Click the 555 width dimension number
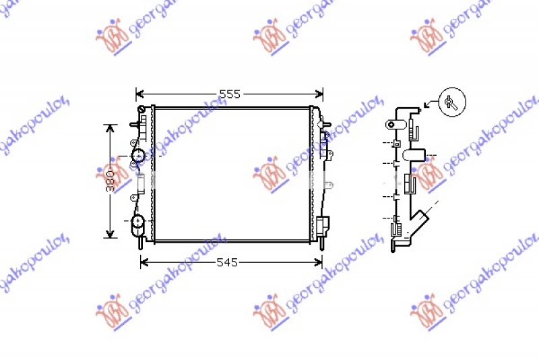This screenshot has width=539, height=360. click(x=230, y=94)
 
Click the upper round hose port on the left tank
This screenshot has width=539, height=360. click(x=139, y=157)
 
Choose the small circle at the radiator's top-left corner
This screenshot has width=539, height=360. click(x=141, y=109)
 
